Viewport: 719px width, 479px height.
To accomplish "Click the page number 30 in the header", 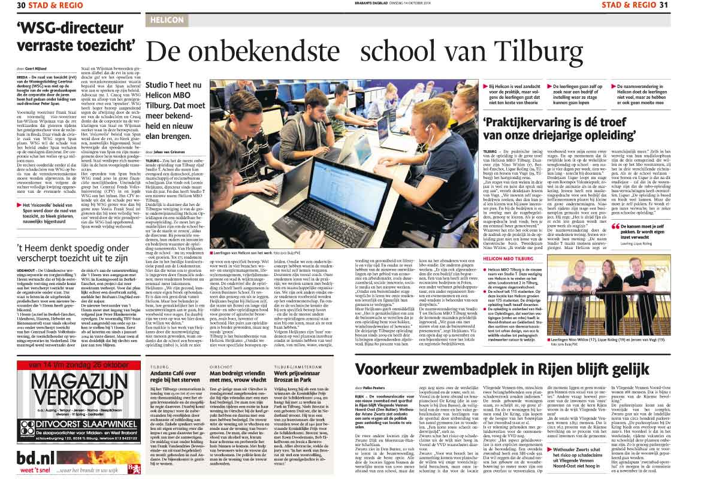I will pos(22,5).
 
